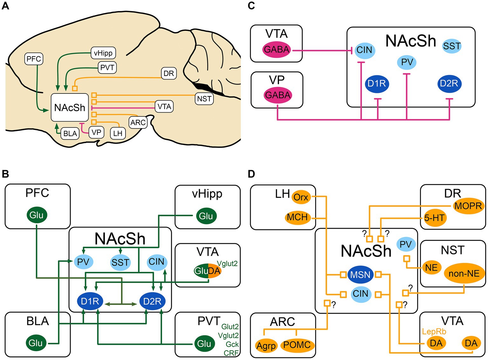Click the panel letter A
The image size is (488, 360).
(5, 6)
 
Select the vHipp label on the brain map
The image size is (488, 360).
(103, 53)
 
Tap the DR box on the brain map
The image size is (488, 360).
(169, 73)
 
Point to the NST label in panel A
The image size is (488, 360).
(204, 99)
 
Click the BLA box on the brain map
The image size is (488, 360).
(70, 133)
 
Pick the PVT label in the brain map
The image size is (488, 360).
(107, 67)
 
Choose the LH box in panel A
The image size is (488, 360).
(118, 133)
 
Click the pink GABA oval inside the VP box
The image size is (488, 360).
(278, 95)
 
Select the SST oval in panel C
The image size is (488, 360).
(451, 46)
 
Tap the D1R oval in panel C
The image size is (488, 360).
(377, 84)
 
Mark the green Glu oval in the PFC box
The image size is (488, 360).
(37, 215)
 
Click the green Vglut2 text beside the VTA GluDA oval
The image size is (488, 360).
(227, 263)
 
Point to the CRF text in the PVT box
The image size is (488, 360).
(231, 353)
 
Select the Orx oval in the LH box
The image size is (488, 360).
(301, 197)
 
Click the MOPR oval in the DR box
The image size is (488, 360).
(468, 206)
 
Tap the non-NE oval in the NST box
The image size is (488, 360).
(464, 273)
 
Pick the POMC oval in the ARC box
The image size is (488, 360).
(297, 345)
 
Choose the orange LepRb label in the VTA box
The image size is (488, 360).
(434, 332)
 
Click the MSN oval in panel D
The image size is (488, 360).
(360, 274)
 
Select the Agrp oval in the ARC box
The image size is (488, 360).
(266, 346)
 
